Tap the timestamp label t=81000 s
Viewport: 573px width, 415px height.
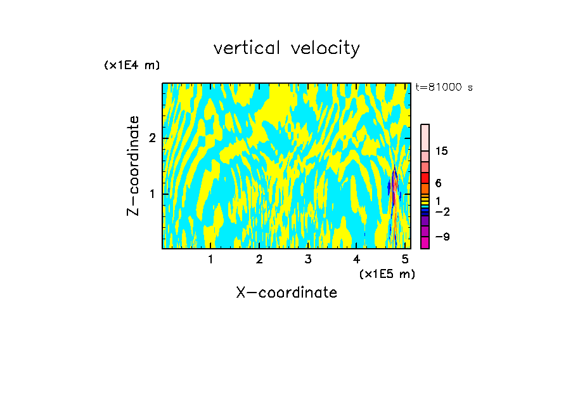tap(444, 88)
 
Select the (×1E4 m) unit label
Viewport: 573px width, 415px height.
tap(132, 65)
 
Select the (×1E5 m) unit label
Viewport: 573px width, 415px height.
tap(387, 273)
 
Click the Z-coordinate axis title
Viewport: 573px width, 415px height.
tap(133, 166)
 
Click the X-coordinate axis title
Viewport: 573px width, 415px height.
tap(286, 293)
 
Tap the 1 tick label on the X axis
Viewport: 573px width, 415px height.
tap(210, 259)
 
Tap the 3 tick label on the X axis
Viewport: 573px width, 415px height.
tap(307, 259)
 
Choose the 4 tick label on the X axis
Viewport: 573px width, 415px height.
tap(356, 259)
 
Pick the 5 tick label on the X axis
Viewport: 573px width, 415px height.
tap(405, 259)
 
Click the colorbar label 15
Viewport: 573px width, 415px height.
tap(442, 151)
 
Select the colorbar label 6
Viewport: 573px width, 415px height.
tap(438, 183)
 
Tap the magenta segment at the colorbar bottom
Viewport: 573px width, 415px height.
tap(425, 242)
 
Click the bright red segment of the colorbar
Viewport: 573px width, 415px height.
tap(425, 177)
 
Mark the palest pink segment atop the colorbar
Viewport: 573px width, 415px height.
tap(425, 137)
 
